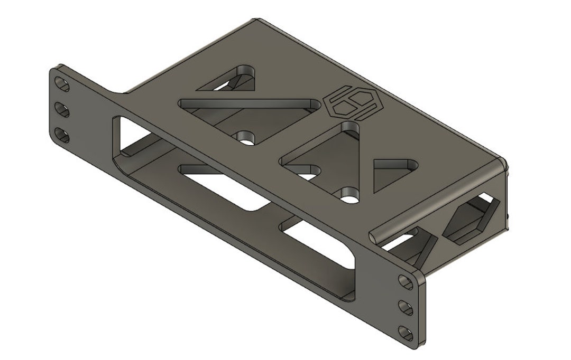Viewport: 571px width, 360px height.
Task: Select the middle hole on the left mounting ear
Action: tap(62, 111)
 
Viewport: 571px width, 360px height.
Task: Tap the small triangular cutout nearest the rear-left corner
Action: tap(233, 79)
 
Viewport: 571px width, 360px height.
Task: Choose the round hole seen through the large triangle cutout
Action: tap(246, 139)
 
